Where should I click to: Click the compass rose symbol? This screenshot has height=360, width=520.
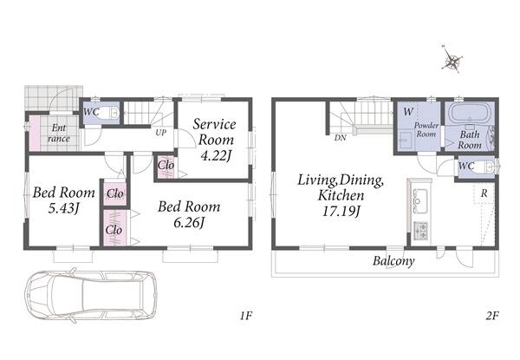coord(452,61)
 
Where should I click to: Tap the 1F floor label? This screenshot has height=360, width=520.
coord(246,316)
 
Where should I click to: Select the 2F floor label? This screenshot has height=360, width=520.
coord(492,316)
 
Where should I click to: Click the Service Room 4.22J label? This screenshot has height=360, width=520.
coord(215,140)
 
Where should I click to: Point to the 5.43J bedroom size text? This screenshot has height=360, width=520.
coord(63,208)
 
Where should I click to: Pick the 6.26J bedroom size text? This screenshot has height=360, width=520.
coord(188,223)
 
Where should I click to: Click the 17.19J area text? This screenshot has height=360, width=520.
coord(341,211)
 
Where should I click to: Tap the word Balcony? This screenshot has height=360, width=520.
coord(393,261)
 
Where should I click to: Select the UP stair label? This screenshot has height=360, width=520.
coord(161,133)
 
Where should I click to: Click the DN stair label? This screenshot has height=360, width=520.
coord(340,138)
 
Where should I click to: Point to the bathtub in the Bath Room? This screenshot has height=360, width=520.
coord(469,113)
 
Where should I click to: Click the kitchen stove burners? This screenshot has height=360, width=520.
coord(420,230)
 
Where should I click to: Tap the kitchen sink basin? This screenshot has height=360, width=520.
coord(419,200)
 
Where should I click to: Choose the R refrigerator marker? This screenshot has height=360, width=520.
coord(484,193)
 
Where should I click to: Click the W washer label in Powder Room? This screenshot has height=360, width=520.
coord(408,112)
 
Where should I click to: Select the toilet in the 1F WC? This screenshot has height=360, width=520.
coord(109,113)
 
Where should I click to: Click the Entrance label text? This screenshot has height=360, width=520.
coord(59,133)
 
